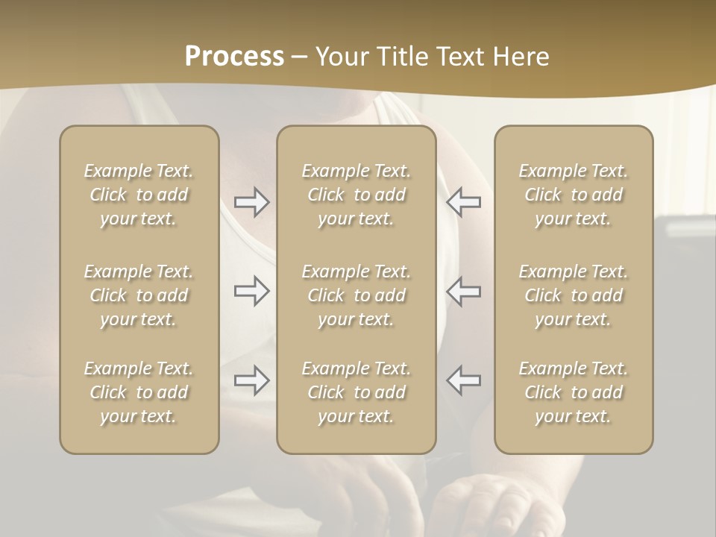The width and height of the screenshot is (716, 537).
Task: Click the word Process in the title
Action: pyautogui.click(x=234, y=57)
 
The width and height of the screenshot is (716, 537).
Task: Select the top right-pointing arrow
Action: pyautogui.click(x=251, y=202)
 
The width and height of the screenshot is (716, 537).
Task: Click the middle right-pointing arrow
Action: pyautogui.click(x=251, y=291)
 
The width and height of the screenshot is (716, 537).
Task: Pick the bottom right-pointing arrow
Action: pyautogui.click(x=251, y=380)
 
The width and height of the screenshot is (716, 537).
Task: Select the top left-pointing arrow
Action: pyautogui.click(x=464, y=202)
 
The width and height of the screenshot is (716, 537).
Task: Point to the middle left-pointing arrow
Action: pyautogui.click(x=464, y=291)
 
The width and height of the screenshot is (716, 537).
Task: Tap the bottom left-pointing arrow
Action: pyautogui.click(x=464, y=380)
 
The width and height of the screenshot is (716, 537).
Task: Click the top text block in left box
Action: pyautogui.click(x=139, y=195)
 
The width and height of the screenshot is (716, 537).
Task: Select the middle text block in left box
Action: pyautogui.click(x=139, y=295)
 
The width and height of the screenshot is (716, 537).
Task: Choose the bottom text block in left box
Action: pyautogui.click(x=139, y=392)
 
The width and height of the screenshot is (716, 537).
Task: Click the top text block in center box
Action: pyautogui.click(x=356, y=195)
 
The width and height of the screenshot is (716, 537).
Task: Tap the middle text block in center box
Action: pyautogui.click(x=356, y=295)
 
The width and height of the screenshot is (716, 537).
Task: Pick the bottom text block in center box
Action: pyautogui.click(x=356, y=392)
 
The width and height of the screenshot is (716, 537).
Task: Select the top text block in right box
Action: pyautogui.click(x=574, y=195)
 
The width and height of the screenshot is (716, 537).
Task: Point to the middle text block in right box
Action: pyautogui.click(x=574, y=295)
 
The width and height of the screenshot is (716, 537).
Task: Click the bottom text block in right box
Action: pyautogui.click(x=574, y=392)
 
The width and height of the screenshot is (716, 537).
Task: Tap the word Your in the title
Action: pyautogui.click(x=340, y=57)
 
